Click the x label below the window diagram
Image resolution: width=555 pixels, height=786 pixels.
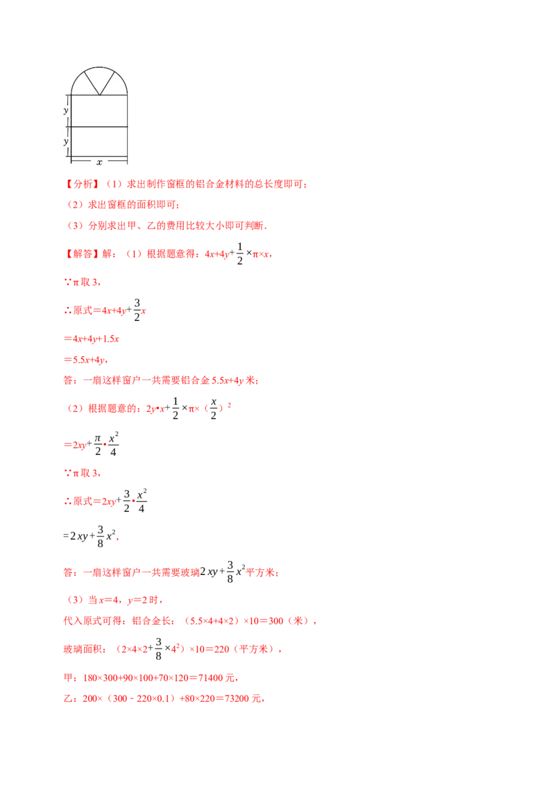(99, 162)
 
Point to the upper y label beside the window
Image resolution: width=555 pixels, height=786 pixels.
(66, 110)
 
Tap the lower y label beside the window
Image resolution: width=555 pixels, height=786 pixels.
(66, 142)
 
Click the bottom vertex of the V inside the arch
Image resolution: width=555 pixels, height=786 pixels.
(100, 94)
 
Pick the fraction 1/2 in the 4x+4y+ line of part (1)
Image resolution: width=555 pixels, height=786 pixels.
(240, 253)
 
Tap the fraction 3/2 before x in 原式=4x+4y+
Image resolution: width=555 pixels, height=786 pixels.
(137, 310)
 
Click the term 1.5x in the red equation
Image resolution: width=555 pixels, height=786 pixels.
(111, 339)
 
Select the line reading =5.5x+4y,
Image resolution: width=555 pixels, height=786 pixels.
(85, 360)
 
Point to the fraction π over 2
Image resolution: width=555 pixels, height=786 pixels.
(98, 444)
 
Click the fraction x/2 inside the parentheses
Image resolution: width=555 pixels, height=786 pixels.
(214, 408)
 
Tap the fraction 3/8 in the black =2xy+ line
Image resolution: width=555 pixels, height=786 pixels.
(100, 536)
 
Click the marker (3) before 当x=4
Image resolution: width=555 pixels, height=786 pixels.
(75, 600)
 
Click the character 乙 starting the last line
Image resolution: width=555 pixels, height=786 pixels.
(68, 699)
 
